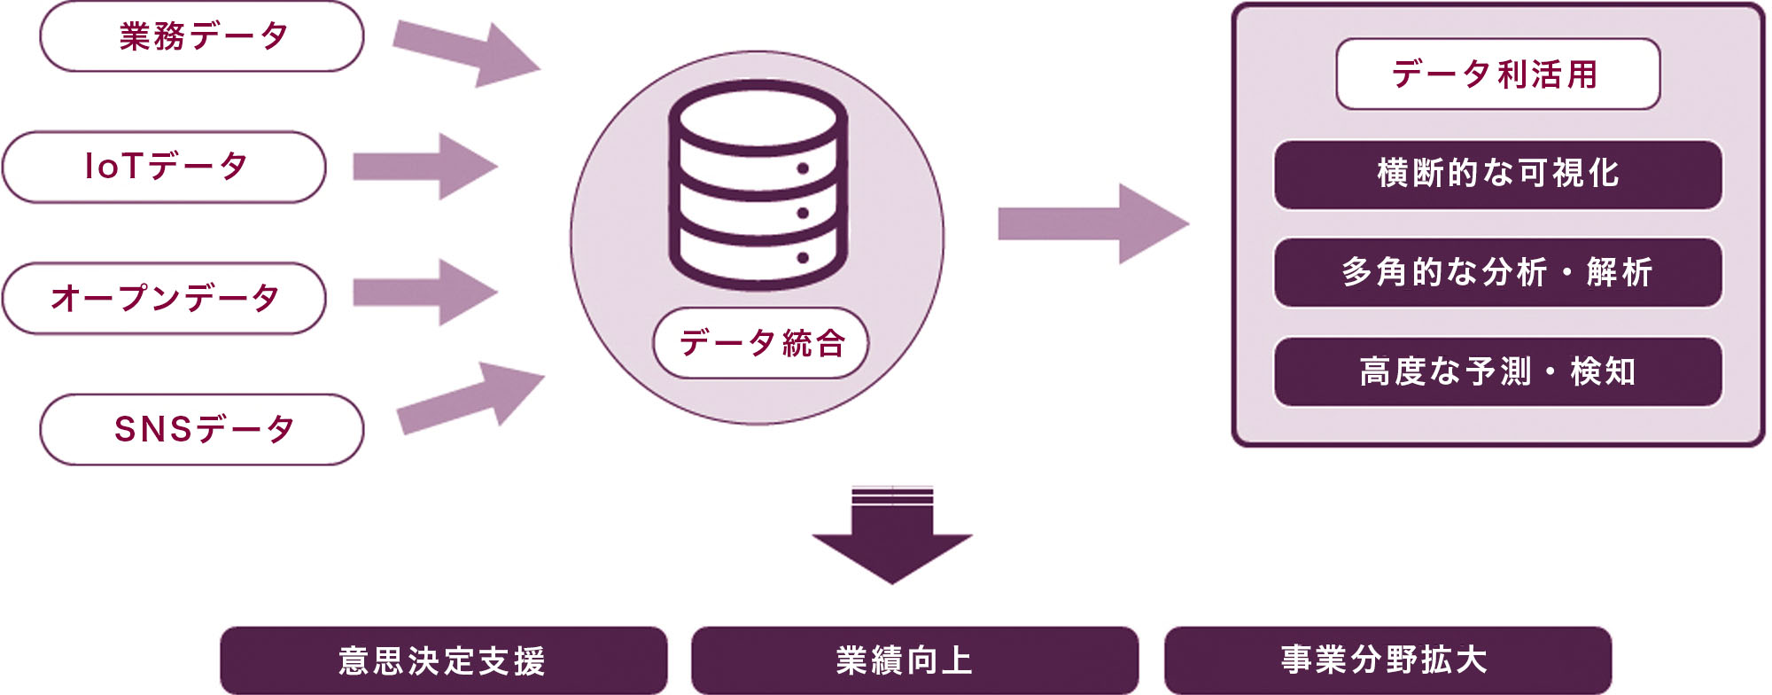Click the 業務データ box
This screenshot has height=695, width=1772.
(202, 37)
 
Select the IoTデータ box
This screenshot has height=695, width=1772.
(165, 167)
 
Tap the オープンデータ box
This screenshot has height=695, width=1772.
(165, 298)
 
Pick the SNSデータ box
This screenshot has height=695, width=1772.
(202, 429)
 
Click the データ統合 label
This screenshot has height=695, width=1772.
(760, 343)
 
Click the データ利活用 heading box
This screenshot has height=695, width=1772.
(1497, 74)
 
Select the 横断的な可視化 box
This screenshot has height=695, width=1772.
(1497, 175)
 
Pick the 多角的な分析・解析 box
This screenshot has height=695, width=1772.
(1497, 273)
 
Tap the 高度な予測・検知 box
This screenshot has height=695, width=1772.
(1497, 371)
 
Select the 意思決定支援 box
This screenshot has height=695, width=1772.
(443, 660)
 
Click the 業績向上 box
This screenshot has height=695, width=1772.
(914, 660)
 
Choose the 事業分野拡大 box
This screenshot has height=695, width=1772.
(1387, 660)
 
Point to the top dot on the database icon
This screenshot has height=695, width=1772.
(803, 168)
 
